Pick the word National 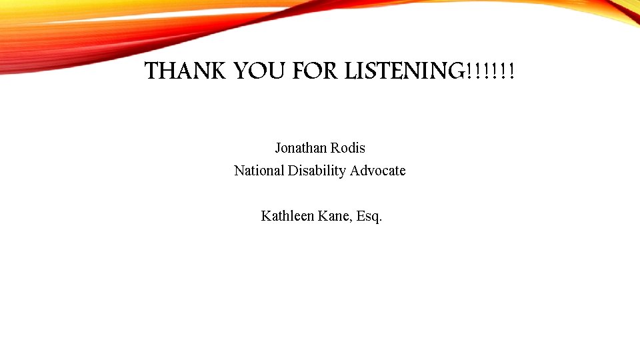[x=259, y=171]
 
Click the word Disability [x=317, y=171]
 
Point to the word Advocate [x=377, y=171]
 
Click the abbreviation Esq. [x=369, y=216]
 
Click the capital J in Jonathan [x=278, y=148]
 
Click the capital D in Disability [x=293, y=171]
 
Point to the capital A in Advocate [x=355, y=171]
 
